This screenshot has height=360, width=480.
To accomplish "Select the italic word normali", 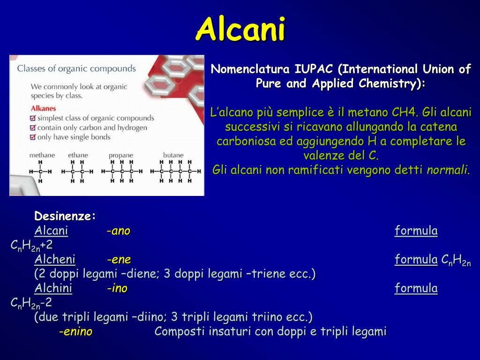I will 448,170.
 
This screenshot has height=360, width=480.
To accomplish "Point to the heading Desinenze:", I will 65,217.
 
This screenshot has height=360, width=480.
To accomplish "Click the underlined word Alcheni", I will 54,260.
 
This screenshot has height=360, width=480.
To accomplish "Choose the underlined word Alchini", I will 53,288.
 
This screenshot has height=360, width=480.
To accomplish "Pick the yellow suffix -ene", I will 119,260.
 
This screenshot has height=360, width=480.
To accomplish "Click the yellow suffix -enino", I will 75,332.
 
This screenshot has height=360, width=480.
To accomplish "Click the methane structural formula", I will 40,172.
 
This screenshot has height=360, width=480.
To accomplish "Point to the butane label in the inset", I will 173,155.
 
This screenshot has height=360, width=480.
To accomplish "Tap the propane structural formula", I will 121,172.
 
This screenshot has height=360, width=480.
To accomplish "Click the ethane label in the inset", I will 78,155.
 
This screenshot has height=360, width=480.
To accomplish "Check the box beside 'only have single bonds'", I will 32,137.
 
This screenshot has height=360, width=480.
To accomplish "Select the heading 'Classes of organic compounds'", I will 76,68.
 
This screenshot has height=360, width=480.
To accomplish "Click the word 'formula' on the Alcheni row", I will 416,260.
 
